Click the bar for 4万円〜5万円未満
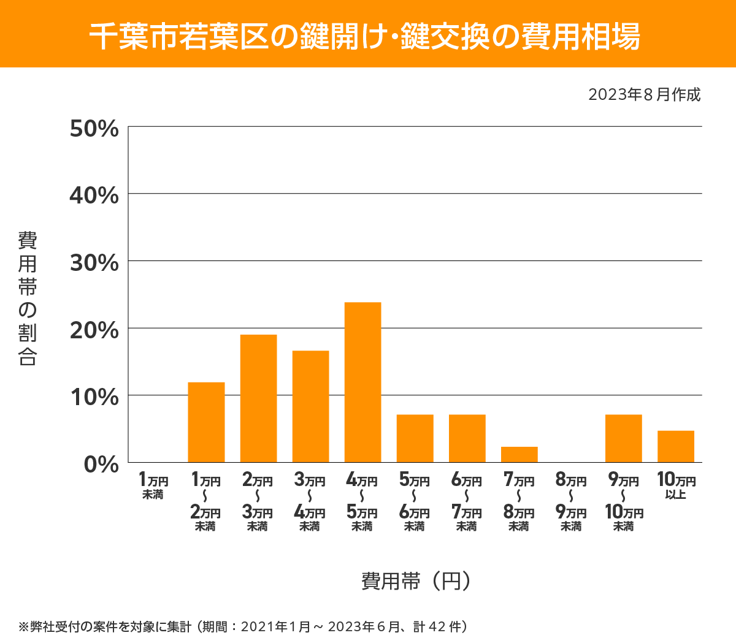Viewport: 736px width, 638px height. click(x=362, y=382)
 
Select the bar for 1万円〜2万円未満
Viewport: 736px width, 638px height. click(x=206, y=422)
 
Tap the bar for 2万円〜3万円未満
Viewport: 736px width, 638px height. click(x=258, y=398)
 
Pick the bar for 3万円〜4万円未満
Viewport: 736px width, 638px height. click(x=310, y=406)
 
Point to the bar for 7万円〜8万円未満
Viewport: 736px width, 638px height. click(x=519, y=454)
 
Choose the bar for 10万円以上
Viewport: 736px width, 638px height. click(x=675, y=446)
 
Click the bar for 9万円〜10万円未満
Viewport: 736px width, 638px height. click(x=623, y=438)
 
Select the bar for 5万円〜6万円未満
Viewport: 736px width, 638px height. click(x=415, y=438)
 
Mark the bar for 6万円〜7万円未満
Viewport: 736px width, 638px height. click(x=467, y=438)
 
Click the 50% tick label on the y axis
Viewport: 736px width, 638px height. click(x=94, y=129)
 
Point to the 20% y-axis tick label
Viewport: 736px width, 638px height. click(x=94, y=330)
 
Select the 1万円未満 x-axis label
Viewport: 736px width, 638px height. click(x=153, y=486)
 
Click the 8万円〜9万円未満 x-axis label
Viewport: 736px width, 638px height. click(x=571, y=502)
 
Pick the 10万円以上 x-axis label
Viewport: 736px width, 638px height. click(x=676, y=486)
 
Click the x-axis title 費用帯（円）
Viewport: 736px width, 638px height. click(x=416, y=580)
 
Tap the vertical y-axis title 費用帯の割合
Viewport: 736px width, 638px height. click(x=28, y=298)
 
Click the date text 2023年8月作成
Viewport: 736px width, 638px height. click(x=644, y=95)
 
